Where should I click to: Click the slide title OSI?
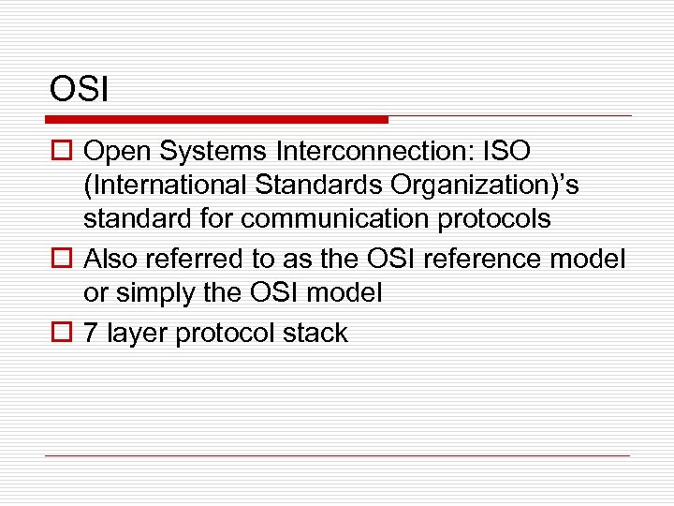coord(80,90)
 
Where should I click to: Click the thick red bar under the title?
coord(216,120)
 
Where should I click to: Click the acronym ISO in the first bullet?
coord(506,151)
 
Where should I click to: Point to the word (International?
coord(160,186)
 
